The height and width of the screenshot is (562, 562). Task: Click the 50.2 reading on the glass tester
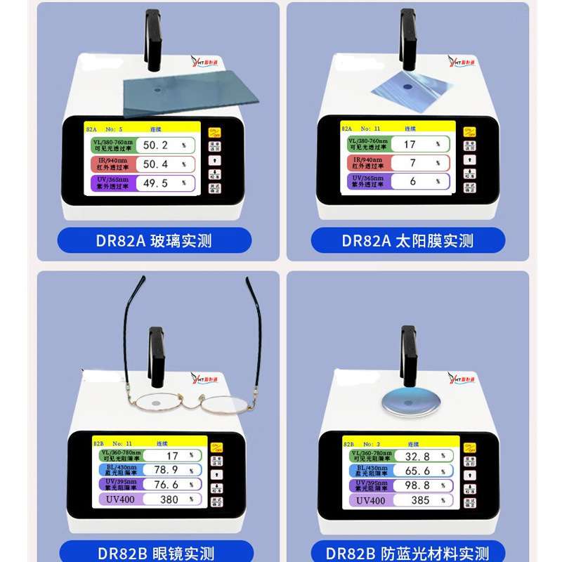(155, 145)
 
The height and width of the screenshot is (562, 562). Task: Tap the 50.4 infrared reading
(155, 164)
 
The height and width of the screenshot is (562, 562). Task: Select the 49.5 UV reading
(155, 183)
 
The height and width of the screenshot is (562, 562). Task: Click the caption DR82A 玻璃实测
(154, 241)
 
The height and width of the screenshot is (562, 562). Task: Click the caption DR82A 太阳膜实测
(407, 241)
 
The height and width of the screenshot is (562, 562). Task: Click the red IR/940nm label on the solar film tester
(367, 163)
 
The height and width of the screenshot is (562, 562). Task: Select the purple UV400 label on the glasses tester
(120, 500)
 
